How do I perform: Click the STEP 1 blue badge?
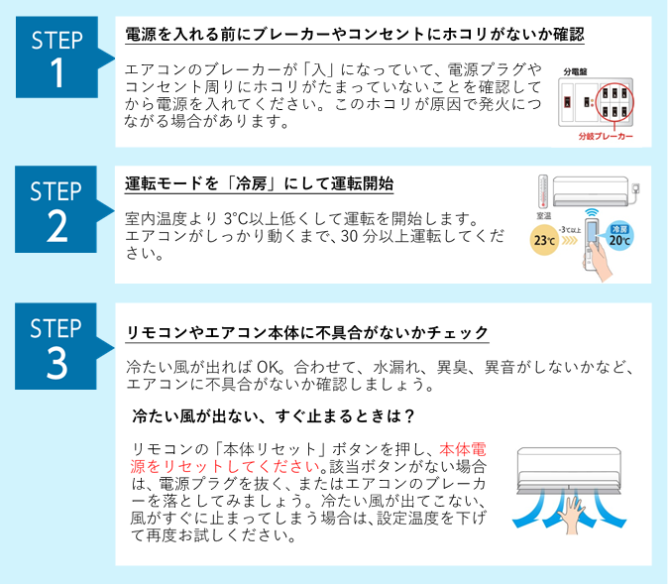(57, 58)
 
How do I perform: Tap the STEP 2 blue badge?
(57, 209)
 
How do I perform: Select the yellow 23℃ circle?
(544, 239)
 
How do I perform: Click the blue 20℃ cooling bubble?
(620, 235)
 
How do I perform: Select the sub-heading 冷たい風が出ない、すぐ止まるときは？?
(273, 413)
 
